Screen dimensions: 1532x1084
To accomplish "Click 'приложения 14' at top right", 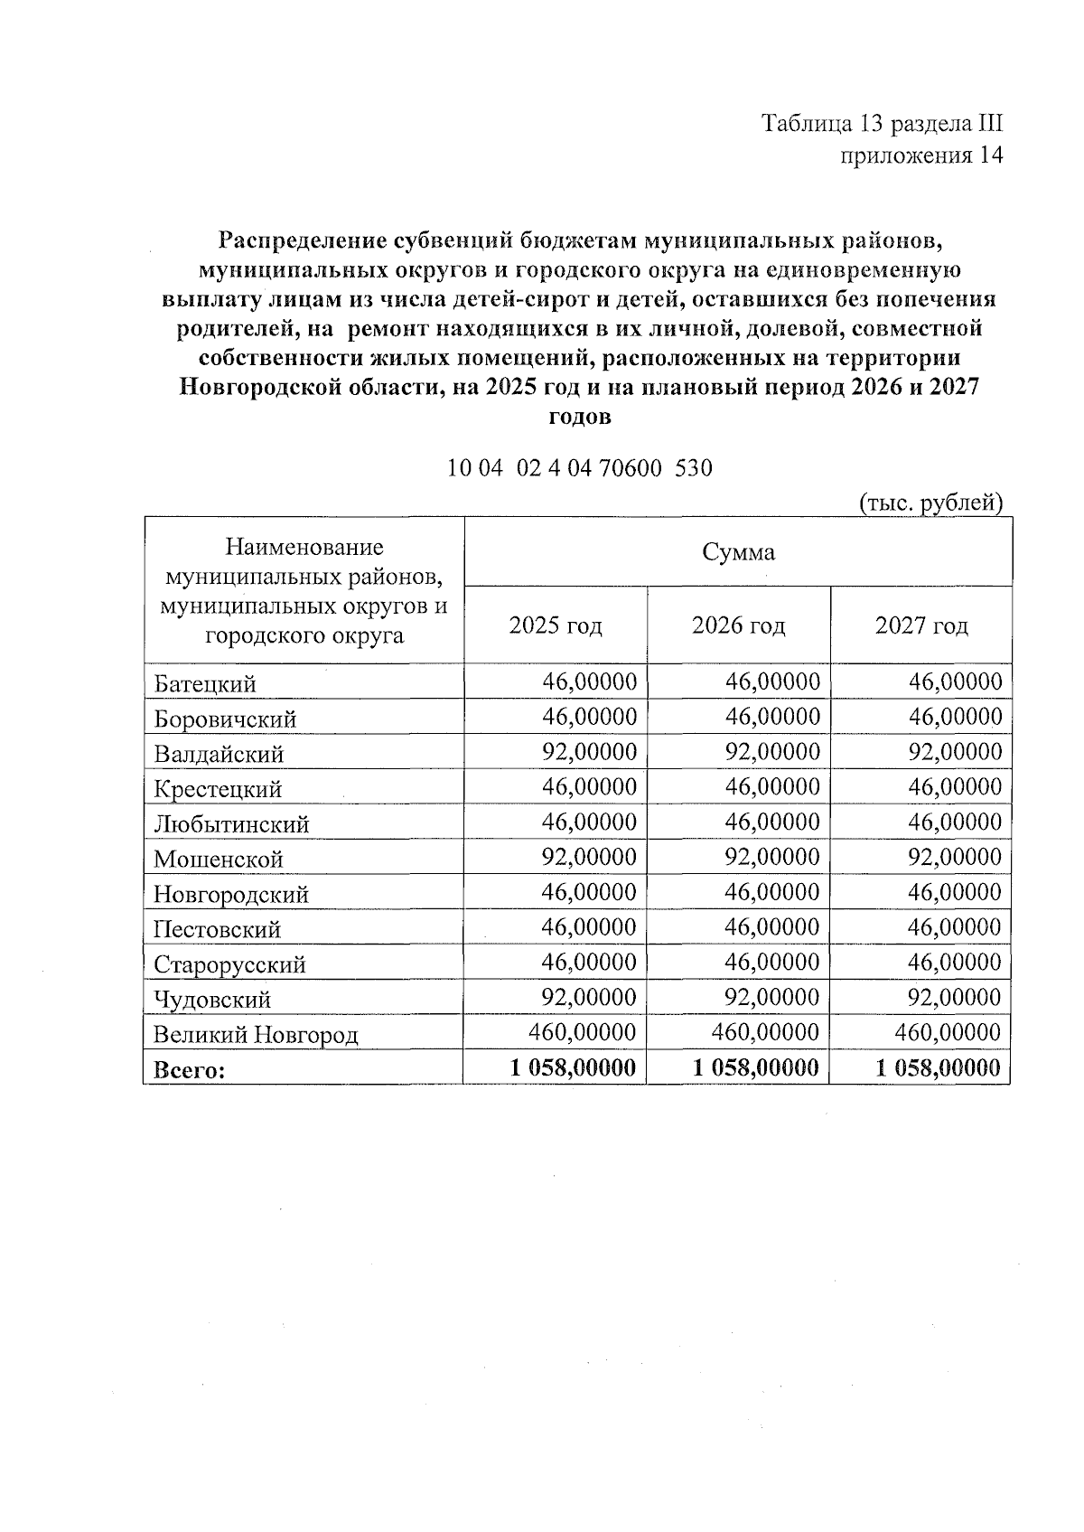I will click(x=921, y=155).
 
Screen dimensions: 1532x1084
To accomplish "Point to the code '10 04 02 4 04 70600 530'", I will click(x=580, y=468).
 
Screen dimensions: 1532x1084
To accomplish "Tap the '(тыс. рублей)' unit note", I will click(x=930, y=503).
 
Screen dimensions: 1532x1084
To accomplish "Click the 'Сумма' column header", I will click(x=738, y=552).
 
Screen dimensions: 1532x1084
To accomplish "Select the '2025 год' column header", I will click(x=556, y=625).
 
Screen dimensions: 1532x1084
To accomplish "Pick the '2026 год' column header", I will click(x=738, y=625).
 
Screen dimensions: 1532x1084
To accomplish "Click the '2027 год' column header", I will click(x=920, y=625).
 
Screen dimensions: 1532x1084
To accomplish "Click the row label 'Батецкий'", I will click(x=205, y=684).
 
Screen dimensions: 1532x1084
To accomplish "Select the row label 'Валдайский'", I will click(x=219, y=754).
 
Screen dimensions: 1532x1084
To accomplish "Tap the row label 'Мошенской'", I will click(x=219, y=860).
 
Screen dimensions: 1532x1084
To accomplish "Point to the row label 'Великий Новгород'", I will click(x=256, y=1035).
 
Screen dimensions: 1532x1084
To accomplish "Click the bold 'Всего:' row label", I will click(x=189, y=1070).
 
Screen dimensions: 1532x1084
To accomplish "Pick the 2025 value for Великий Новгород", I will click(x=582, y=1032).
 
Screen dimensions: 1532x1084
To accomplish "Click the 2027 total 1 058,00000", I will click(x=938, y=1068).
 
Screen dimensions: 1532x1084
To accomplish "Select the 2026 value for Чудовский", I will click(x=771, y=998).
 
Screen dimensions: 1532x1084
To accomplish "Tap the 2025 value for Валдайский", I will click(x=589, y=752).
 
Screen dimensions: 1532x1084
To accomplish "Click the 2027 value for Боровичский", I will click(x=955, y=717).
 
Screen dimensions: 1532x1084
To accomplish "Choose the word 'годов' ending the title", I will click(x=580, y=418).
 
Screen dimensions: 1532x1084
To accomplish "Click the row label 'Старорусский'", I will click(x=229, y=964).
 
